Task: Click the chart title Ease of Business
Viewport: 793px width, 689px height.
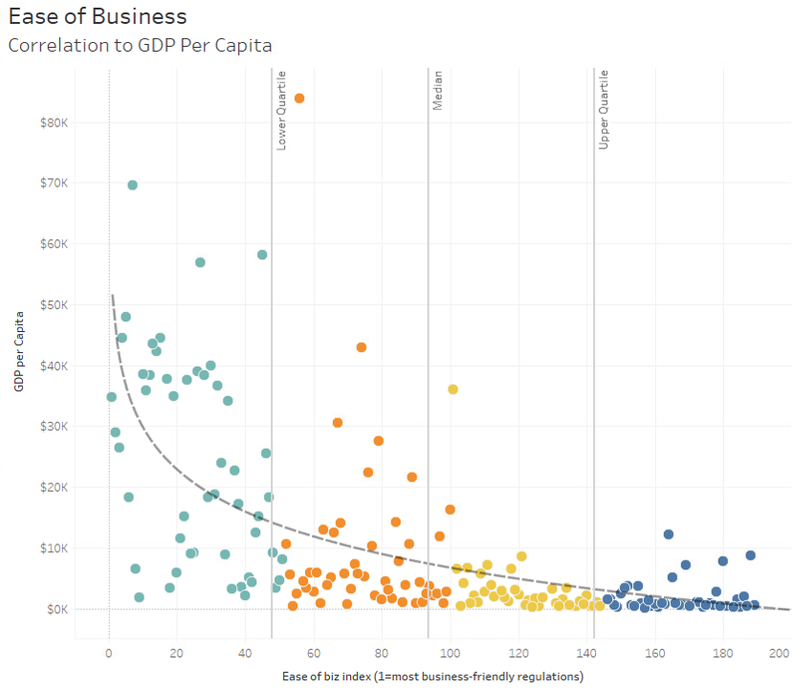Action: tap(98, 16)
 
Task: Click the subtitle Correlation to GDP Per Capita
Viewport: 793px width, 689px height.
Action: tap(140, 45)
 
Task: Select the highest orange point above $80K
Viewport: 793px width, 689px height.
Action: tap(299, 98)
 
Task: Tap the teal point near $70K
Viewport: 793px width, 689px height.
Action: tap(132, 185)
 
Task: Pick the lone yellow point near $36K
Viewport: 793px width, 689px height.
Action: tap(453, 389)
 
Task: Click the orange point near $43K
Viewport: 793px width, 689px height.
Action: tap(362, 346)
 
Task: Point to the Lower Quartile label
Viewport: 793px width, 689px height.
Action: tap(281, 110)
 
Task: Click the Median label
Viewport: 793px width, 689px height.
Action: tap(437, 91)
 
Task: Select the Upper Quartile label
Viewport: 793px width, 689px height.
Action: tap(604, 110)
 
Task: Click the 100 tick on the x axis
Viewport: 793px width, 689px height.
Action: tap(450, 654)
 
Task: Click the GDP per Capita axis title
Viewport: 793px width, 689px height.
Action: tap(19, 353)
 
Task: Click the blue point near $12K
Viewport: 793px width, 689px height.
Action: tap(669, 534)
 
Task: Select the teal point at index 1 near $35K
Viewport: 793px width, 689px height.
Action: tap(111, 396)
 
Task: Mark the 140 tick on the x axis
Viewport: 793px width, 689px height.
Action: tap(586, 654)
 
